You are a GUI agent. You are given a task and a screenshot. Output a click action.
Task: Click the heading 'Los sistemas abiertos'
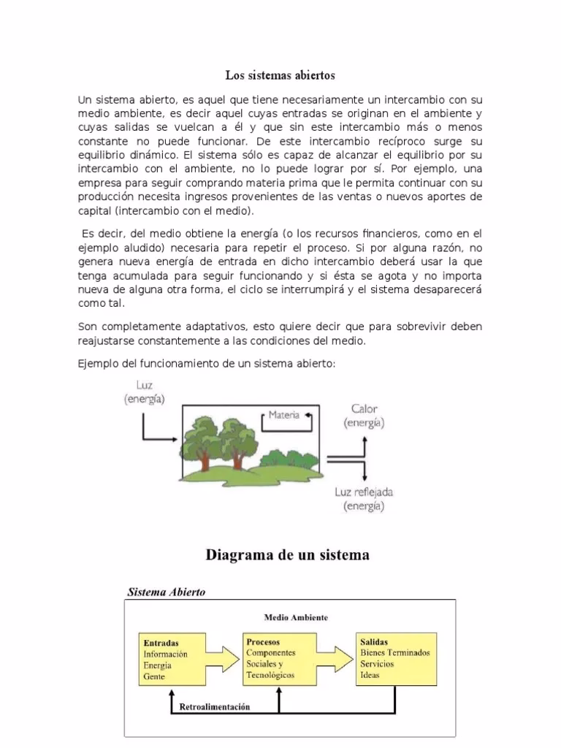(x=280, y=75)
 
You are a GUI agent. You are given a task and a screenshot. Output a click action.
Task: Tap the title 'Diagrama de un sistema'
(x=287, y=555)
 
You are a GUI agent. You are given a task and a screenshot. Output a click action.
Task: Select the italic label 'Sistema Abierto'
(x=167, y=592)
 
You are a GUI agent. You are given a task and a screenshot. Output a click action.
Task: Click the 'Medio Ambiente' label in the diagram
(x=296, y=617)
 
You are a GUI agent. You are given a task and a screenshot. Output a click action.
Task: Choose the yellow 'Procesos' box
(x=278, y=659)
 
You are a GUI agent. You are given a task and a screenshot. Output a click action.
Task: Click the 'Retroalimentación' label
(x=215, y=707)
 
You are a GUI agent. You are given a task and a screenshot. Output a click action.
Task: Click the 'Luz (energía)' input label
(x=144, y=392)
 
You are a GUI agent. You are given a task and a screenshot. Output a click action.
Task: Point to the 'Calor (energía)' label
(x=364, y=416)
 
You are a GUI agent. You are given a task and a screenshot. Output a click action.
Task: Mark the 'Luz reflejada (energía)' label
(x=364, y=499)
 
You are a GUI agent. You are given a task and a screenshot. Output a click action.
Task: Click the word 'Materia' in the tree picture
(x=283, y=416)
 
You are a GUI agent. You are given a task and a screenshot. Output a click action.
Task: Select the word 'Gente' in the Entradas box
(x=155, y=676)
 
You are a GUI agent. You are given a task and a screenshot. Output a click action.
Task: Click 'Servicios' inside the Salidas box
(x=377, y=664)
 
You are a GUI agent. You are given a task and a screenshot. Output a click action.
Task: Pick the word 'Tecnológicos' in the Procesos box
(x=271, y=676)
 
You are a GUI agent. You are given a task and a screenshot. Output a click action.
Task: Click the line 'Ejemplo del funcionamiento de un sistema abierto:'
(x=207, y=364)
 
